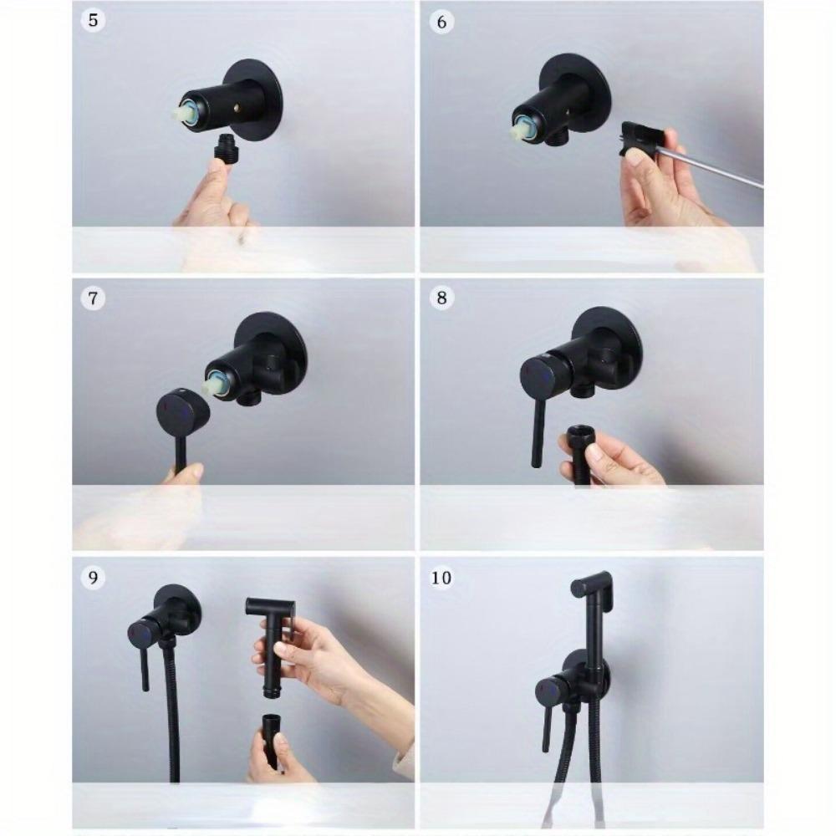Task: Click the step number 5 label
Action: pos(94,20)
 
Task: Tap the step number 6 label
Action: pos(441,23)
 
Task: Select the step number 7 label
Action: pos(94,298)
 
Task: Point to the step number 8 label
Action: pos(441,298)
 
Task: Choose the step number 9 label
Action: pos(94,578)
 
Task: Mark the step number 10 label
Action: pos(441,578)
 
